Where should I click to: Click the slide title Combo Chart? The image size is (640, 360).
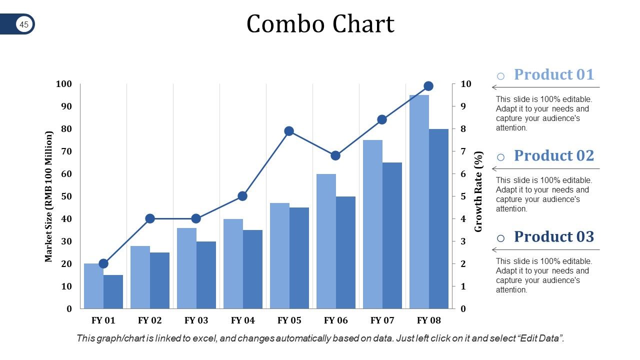pyautogui.click(x=320, y=24)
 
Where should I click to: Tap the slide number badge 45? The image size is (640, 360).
pyautogui.click(x=24, y=24)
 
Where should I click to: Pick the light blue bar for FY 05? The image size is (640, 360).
pyautogui.click(x=279, y=255)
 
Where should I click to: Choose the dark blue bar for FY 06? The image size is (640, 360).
pyautogui.click(x=345, y=252)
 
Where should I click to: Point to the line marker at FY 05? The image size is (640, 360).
pyautogui.click(x=289, y=131)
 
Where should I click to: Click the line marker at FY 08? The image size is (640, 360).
pyautogui.click(x=428, y=86)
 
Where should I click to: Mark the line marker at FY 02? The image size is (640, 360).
pyautogui.click(x=149, y=218)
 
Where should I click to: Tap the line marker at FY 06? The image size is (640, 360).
pyautogui.click(x=335, y=155)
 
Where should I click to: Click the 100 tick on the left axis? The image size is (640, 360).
pyautogui.click(x=64, y=84)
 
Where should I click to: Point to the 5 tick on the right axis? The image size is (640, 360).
pyautogui.click(x=463, y=196)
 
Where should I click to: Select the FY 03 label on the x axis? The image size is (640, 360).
pyautogui.click(x=196, y=320)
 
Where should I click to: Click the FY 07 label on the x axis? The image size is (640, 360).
pyautogui.click(x=382, y=320)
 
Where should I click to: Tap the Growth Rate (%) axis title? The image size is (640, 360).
pyautogui.click(x=478, y=191)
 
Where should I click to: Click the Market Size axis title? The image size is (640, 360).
pyautogui.click(x=48, y=196)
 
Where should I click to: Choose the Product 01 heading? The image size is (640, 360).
pyautogui.click(x=553, y=74)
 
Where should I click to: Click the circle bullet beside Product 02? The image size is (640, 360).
pyautogui.click(x=500, y=157)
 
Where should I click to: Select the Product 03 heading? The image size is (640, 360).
pyautogui.click(x=553, y=236)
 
